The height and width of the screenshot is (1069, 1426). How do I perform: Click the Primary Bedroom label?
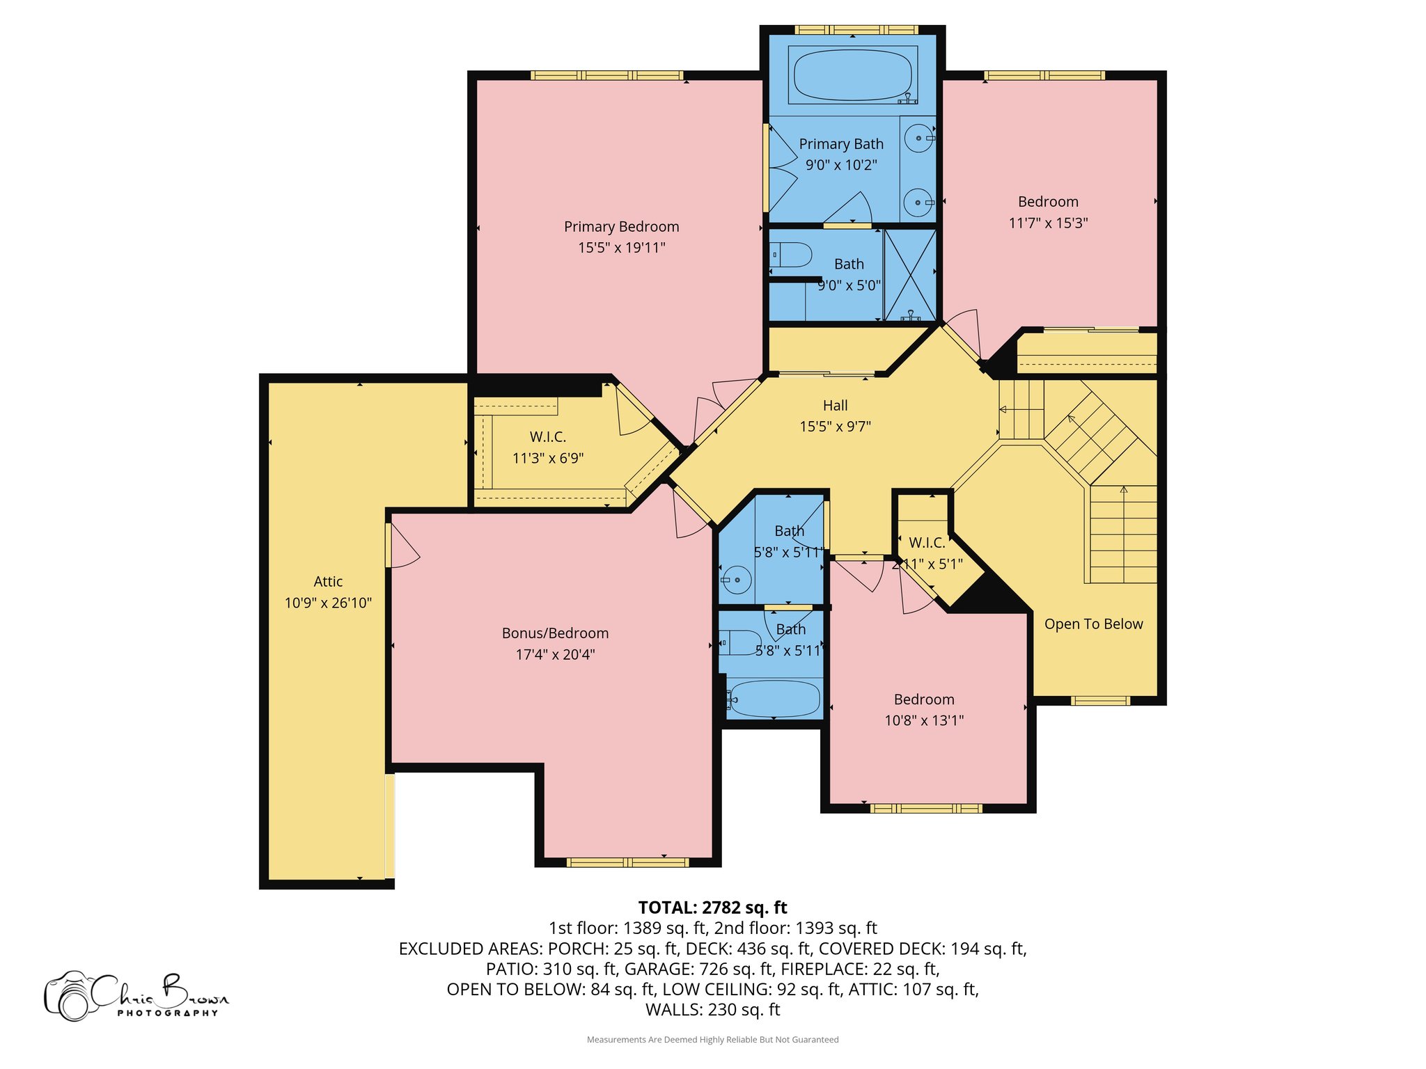coord(621,227)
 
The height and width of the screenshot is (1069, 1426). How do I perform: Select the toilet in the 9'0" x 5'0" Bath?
coord(792,255)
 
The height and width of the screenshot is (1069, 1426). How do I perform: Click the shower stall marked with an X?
coord(909,274)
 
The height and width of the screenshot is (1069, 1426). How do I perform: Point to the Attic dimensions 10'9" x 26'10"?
coord(328,603)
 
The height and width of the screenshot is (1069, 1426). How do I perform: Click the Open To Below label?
coord(1093,624)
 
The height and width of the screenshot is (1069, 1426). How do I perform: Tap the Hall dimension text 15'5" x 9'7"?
coord(835,427)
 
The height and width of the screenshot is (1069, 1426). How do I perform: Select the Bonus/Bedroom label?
coord(555,633)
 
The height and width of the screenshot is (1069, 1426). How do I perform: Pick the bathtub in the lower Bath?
coord(774,699)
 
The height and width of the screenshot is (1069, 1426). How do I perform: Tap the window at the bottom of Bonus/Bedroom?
coord(627,862)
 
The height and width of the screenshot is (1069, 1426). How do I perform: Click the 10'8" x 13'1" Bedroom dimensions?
coord(924,720)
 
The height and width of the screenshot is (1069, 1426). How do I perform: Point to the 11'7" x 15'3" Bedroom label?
coord(1048,202)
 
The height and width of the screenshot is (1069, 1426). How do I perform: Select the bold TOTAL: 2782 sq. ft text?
coord(712,908)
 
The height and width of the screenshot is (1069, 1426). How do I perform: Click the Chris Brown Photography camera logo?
coord(70,997)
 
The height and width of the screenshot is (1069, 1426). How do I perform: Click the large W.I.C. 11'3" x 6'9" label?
coord(548,437)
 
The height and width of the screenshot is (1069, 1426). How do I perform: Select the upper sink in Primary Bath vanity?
coord(919,138)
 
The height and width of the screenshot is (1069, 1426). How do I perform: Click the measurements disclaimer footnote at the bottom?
coord(712,1040)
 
